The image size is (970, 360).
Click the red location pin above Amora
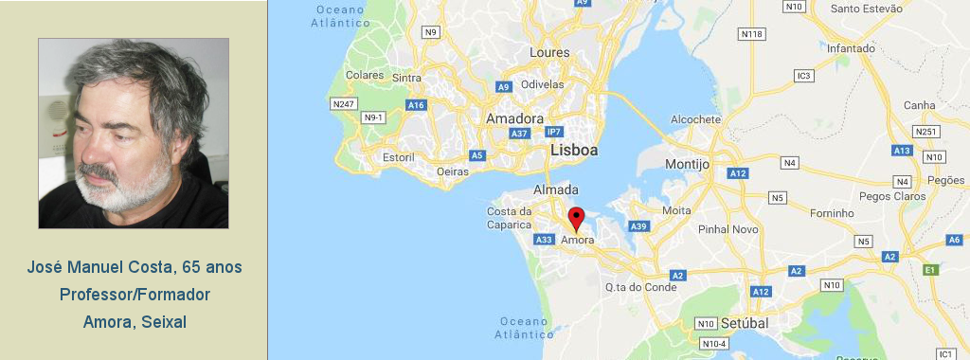(576, 218)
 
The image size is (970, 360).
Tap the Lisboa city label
(574, 151)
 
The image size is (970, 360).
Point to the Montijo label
(687, 164)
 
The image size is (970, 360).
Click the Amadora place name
(514, 118)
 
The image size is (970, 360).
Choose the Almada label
(556, 189)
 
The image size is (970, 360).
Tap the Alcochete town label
(695, 119)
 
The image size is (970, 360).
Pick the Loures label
(549, 52)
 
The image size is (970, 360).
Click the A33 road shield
(544, 241)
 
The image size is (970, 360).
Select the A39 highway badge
(639, 225)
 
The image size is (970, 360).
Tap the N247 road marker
(342, 103)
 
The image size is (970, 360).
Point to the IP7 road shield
(554, 132)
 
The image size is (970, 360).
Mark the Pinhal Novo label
(727, 229)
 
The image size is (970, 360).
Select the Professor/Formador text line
(135, 295)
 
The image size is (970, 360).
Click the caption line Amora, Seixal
(135, 322)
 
